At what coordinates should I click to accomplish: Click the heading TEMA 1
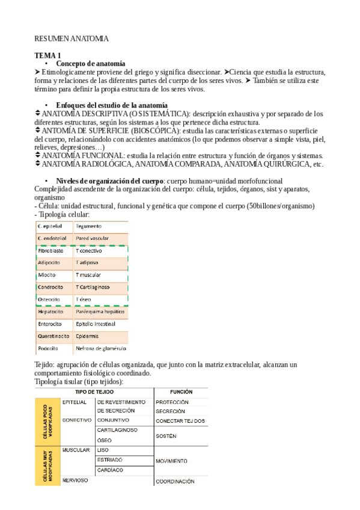pyautogui.click(x=47, y=55)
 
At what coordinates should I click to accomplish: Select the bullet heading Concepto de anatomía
pyautogui.click(x=90, y=63)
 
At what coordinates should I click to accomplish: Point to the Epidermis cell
pyautogui.click(x=87, y=336)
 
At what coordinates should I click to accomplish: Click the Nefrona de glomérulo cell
pyautogui.click(x=99, y=348)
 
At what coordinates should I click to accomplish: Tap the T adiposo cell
pyautogui.click(x=87, y=263)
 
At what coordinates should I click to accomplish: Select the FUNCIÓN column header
pyautogui.click(x=181, y=392)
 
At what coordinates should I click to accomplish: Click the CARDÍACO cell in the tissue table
pyautogui.click(x=110, y=470)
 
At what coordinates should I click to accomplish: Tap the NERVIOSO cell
pyautogui.click(x=76, y=481)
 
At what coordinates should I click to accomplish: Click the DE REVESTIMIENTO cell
pyautogui.click(x=121, y=402)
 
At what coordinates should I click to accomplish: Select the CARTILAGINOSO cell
pyautogui.click(x=118, y=430)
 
